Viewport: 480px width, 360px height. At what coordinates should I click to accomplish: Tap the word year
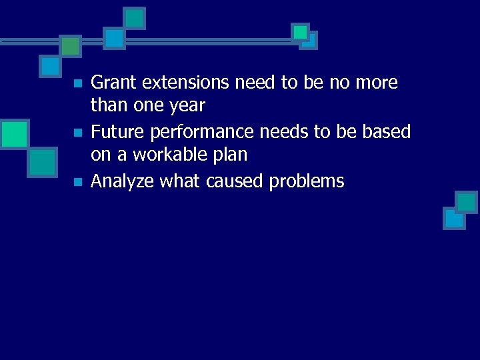point(186,106)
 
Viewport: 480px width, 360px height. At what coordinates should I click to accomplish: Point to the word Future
point(117,132)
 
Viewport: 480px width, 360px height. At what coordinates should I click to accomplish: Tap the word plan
point(229,155)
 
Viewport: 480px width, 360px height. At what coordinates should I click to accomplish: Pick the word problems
point(307,181)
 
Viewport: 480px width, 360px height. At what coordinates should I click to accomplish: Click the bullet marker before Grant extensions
point(77,84)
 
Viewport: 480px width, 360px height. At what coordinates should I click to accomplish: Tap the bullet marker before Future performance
point(77,133)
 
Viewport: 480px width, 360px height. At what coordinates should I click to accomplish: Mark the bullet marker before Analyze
point(77,182)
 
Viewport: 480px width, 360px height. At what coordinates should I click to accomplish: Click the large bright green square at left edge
point(13,133)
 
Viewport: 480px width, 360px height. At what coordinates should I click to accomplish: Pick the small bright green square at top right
point(300,31)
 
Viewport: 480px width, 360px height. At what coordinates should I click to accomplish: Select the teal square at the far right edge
point(466,201)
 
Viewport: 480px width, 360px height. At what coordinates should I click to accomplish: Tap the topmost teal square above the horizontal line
point(135,18)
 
